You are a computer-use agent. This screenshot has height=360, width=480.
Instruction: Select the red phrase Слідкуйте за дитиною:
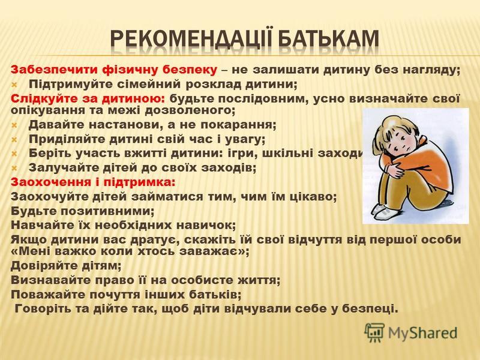click(x=88, y=98)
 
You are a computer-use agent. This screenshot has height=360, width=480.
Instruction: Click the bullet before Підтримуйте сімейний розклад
click(x=14, y=84)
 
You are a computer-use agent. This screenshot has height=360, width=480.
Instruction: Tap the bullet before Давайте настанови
click(x=14, y=125)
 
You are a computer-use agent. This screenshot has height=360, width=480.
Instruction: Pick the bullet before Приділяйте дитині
click(x=14, y=140)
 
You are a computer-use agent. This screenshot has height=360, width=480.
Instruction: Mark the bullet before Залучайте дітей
click(x=14, y=168)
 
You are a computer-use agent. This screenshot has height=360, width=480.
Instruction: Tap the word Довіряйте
click(x=43, y=265)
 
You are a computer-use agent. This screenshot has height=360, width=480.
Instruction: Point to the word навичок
click(x=208, y=225)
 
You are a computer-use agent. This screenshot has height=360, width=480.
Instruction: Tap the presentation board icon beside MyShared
click(x=374, y=332)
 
